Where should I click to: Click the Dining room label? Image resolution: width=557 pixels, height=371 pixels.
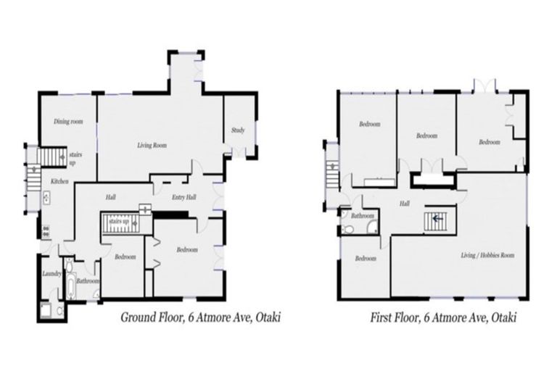[68, 122]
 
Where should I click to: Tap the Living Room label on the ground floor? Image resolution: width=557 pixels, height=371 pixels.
[152, 146]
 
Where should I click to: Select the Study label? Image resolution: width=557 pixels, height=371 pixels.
[238, 130]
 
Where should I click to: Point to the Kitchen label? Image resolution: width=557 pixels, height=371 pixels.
[59, 181]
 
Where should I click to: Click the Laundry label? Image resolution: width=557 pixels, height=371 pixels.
[51, 273]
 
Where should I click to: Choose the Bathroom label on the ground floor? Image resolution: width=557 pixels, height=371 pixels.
[88, 281]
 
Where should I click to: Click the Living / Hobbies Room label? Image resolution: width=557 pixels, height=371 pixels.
[488, 256]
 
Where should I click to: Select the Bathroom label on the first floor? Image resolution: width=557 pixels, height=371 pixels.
[363, 216]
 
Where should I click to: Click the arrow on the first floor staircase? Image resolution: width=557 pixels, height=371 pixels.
[437, 217]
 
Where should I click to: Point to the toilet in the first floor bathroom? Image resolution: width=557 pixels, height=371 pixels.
[349, 230]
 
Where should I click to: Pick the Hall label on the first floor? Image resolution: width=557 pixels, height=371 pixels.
[404, 204]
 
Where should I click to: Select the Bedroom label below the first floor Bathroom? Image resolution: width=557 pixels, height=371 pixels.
[365, 259]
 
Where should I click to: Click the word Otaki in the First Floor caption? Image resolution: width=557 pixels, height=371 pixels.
[503, 317]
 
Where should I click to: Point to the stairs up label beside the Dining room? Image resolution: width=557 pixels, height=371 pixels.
[73, 157]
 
